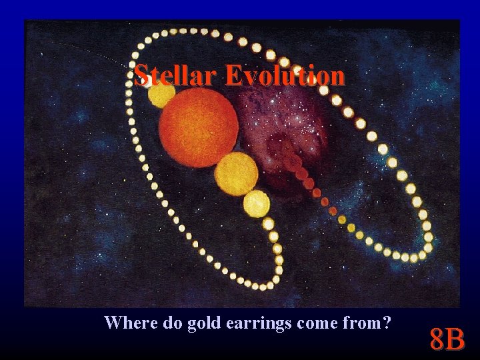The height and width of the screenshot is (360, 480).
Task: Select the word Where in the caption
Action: [129, 323]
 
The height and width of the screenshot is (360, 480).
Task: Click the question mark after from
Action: [385, 323]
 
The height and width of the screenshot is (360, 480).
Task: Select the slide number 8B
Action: [447, 339]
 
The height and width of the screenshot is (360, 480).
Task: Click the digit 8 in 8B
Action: [437, 339]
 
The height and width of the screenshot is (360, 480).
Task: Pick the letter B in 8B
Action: [456, 339]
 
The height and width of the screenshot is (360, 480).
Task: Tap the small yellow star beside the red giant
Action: [161, 95]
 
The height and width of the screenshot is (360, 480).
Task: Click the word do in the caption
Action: [170, 323]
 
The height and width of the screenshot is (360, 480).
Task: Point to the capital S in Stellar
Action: [140, 75]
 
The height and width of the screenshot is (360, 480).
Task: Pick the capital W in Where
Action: [113, 323]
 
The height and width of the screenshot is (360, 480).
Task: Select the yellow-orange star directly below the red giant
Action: [236, 173]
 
